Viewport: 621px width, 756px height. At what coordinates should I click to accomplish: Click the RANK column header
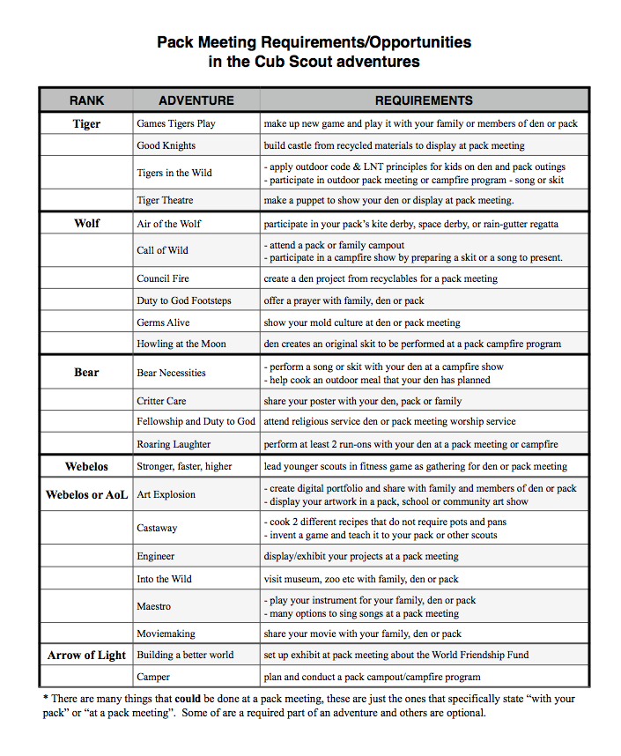point(86,100)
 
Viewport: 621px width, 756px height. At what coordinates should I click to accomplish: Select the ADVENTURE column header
point(196,100)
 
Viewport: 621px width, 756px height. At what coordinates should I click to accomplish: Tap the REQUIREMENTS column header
point(424,100)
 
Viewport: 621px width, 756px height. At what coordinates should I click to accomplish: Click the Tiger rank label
point(86,124)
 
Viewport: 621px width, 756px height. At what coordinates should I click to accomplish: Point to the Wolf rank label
point(86,224)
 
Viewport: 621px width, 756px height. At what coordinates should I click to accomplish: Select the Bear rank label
point(86,373)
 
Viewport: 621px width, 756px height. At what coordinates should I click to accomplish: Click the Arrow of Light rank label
point(87,656)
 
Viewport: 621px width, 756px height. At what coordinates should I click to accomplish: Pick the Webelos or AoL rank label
point(87,495)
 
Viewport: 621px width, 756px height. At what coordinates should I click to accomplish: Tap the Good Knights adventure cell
point(166,145)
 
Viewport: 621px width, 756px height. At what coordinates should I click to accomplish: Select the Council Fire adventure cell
point(163,278)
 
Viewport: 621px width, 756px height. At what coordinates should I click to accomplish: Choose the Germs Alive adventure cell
point(163,322)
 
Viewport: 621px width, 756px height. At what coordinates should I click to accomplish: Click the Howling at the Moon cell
point(181,345)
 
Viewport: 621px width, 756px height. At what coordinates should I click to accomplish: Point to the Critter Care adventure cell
point(161,401)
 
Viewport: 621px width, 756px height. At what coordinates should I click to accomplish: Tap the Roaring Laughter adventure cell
point(174,444)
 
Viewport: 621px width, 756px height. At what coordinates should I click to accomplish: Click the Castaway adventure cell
point(157,528)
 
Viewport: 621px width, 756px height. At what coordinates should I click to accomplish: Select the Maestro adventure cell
point(154,606)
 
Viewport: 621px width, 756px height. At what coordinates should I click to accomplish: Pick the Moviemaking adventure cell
point(166,634)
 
